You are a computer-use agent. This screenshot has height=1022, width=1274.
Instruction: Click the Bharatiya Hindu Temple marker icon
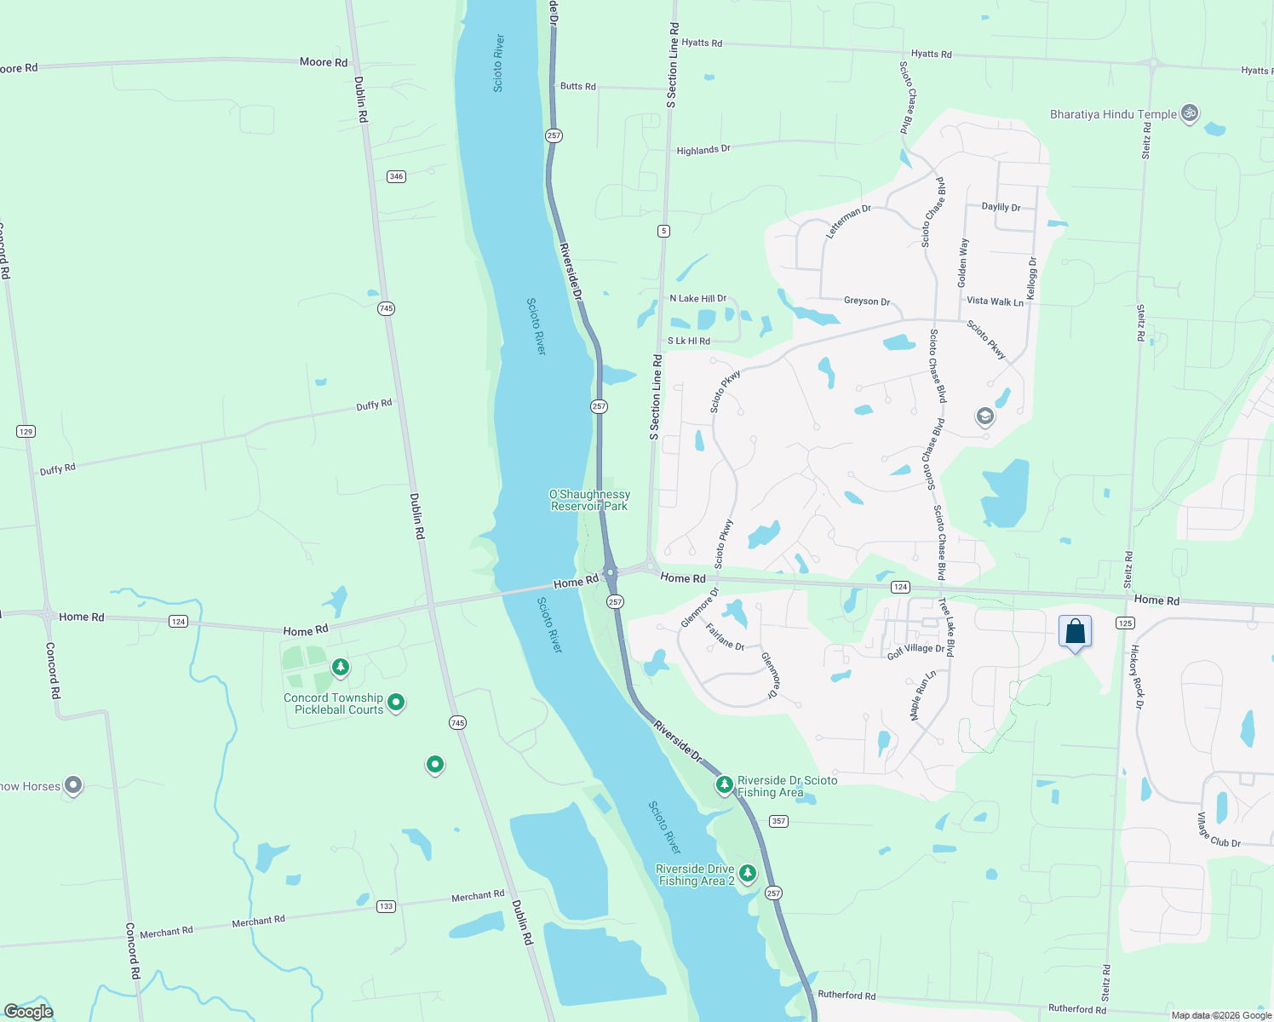(1190, 113)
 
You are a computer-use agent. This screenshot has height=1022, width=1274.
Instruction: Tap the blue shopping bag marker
(1075, 632)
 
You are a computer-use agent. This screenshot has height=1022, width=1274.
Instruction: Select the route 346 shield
(396, 176)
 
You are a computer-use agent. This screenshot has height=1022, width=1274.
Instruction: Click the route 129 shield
(26, 432)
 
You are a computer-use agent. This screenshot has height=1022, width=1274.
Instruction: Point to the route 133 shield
(386, 906)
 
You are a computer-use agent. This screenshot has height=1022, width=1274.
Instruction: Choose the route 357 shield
(778, 821)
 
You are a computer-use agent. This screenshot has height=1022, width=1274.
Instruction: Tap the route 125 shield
(1125, 623)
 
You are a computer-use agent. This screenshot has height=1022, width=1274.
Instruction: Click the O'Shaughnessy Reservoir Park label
(589, 500)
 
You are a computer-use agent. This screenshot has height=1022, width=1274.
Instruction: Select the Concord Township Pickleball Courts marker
(395, 703)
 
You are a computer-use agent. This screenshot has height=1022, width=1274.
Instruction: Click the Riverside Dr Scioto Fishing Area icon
(724, 784)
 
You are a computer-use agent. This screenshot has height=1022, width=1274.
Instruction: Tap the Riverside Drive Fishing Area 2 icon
(747, 873)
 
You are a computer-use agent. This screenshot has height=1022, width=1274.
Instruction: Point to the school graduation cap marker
(984, 416)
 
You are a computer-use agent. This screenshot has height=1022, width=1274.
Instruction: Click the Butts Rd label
(578, 86)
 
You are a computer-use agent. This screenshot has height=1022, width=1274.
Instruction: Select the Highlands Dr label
(703, 150)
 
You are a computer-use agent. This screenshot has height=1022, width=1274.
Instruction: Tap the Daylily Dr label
(1001, 207)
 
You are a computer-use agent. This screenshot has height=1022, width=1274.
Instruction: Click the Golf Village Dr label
(915, 652)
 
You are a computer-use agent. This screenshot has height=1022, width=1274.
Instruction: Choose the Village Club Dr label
(1219, 830)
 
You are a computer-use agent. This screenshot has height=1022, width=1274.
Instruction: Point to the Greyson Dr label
(867, 301)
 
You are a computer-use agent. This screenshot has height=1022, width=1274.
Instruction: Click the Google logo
(29, 1011)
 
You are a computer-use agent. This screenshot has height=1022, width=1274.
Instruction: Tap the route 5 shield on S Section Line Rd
(663, 231)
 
